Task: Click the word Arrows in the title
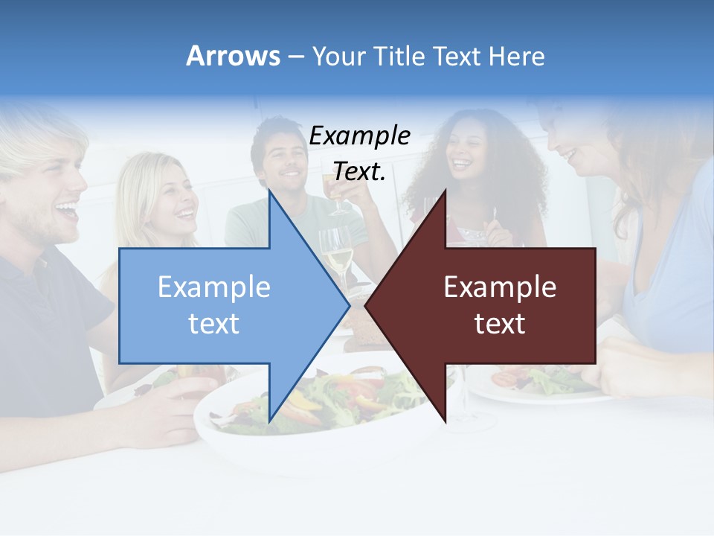point(233,56)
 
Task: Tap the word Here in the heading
point(517,56)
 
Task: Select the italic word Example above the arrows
point(359,135)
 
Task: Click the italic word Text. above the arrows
point(359,171)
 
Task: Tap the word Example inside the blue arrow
point(214,287)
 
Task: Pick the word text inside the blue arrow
point(214,324)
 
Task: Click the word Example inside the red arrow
point(500,287)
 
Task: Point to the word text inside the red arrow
point(500,324)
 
